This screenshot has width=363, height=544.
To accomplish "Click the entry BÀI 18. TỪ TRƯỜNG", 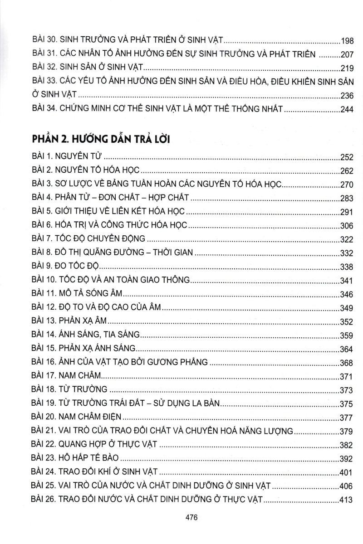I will pos(70,389).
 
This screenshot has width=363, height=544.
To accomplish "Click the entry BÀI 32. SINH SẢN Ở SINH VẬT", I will pos(88,68).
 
